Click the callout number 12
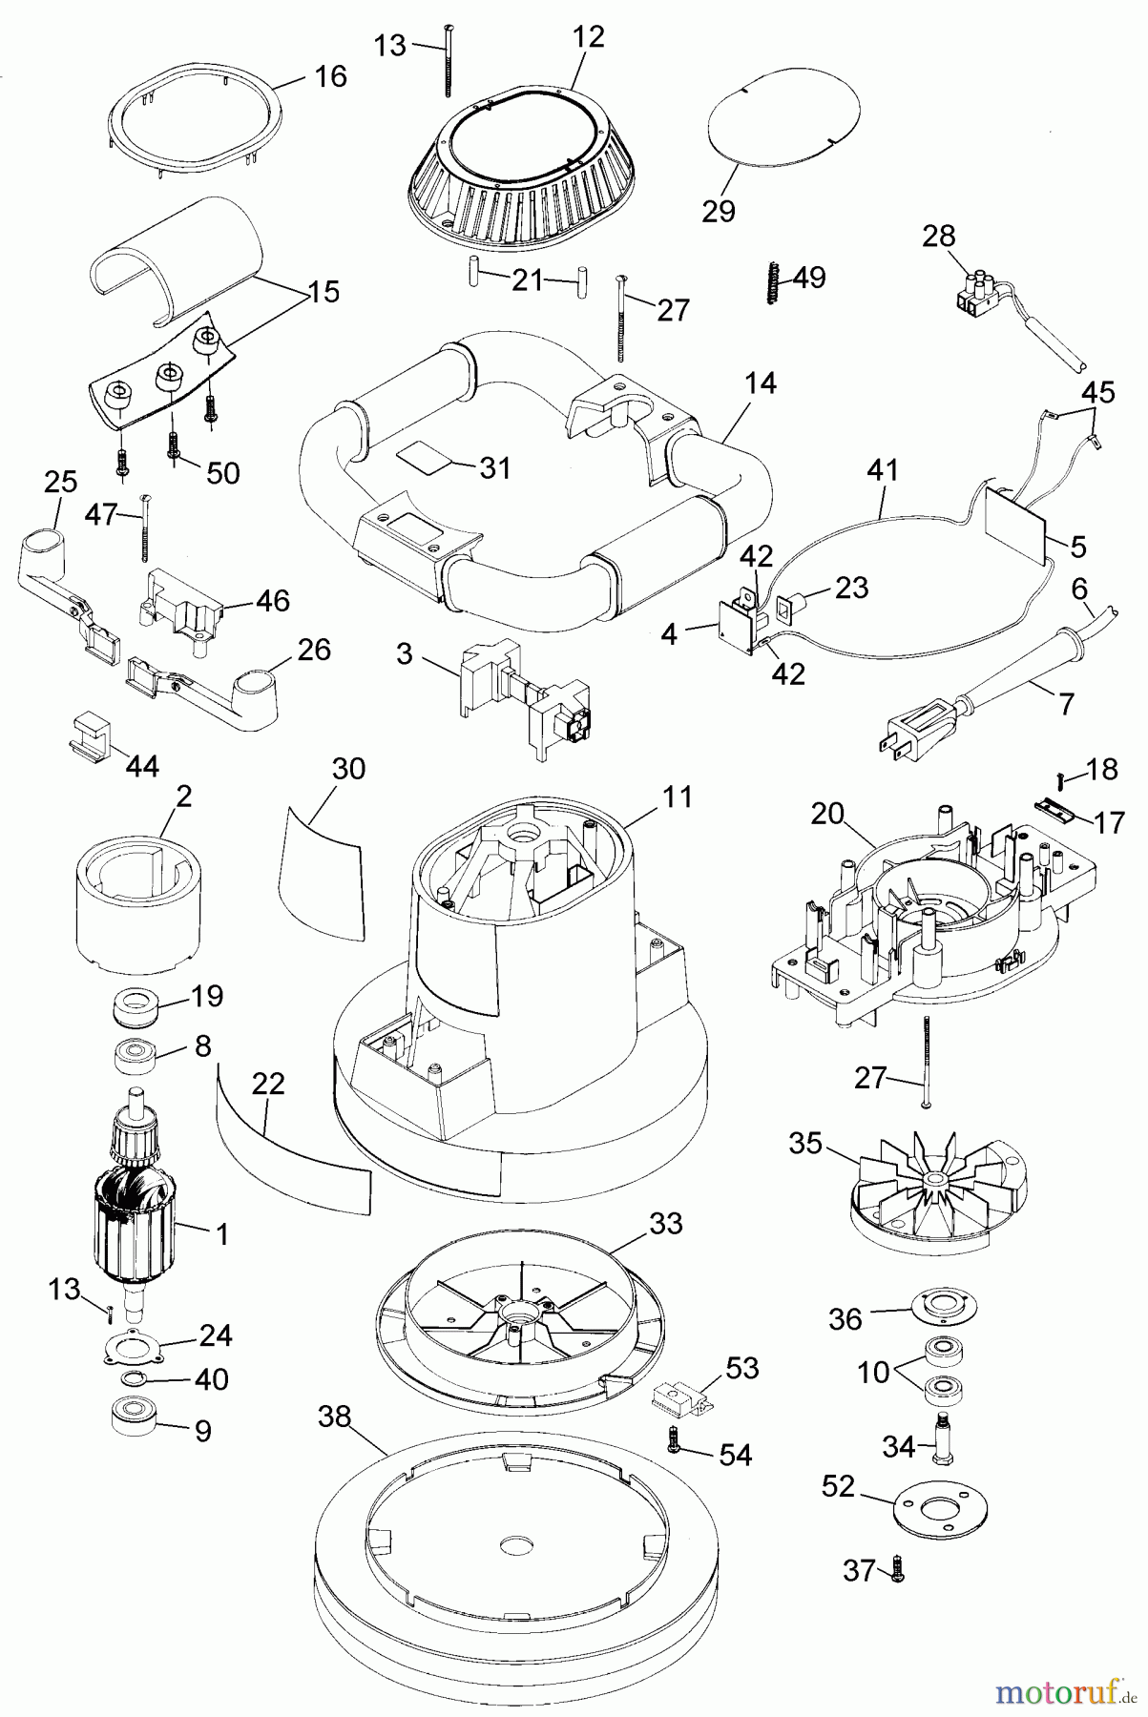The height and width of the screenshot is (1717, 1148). pos(589,37)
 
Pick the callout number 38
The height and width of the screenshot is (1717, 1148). pos(335,1418)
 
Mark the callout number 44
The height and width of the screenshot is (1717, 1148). pos(142,765)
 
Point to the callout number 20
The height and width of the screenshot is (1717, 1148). pos(827,814)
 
